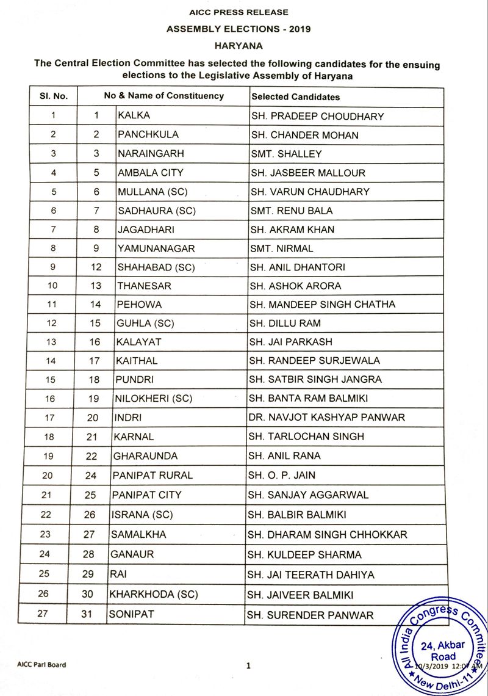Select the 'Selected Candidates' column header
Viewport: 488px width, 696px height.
296,96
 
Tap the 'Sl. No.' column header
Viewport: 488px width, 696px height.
54,96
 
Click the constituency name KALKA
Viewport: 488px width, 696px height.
134,115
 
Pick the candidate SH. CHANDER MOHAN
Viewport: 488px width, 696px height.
304,135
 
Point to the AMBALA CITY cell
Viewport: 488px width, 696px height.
150,173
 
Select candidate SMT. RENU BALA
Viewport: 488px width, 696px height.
292,211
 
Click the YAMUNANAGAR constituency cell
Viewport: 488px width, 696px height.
156,248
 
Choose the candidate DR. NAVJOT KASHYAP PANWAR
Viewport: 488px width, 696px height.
326,418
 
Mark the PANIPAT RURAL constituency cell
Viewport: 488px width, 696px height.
152,475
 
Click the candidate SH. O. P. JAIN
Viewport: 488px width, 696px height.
281,475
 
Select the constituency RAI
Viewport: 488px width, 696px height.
118,575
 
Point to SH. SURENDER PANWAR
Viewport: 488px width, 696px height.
310,615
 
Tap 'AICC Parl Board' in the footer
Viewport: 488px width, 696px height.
41,665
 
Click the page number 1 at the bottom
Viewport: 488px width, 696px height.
248,666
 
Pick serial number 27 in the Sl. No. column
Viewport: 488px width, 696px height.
43,614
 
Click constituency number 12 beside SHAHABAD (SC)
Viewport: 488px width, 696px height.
95,267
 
